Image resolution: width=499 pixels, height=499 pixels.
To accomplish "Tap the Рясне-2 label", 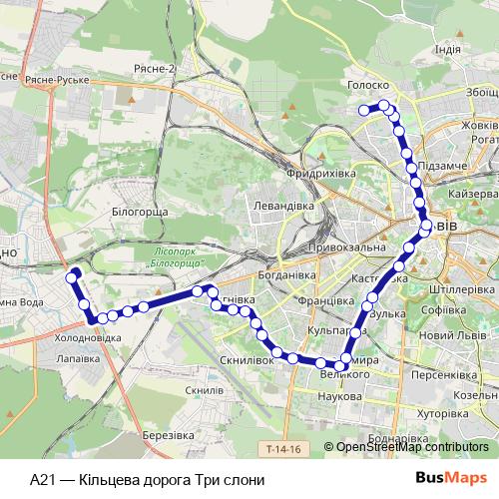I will tap(154, 68).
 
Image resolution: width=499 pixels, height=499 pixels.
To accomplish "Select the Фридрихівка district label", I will tap(320, 174).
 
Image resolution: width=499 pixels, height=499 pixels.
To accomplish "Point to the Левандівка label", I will tap(283, 206).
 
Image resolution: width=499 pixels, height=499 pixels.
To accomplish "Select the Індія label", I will tap(448, 49).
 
